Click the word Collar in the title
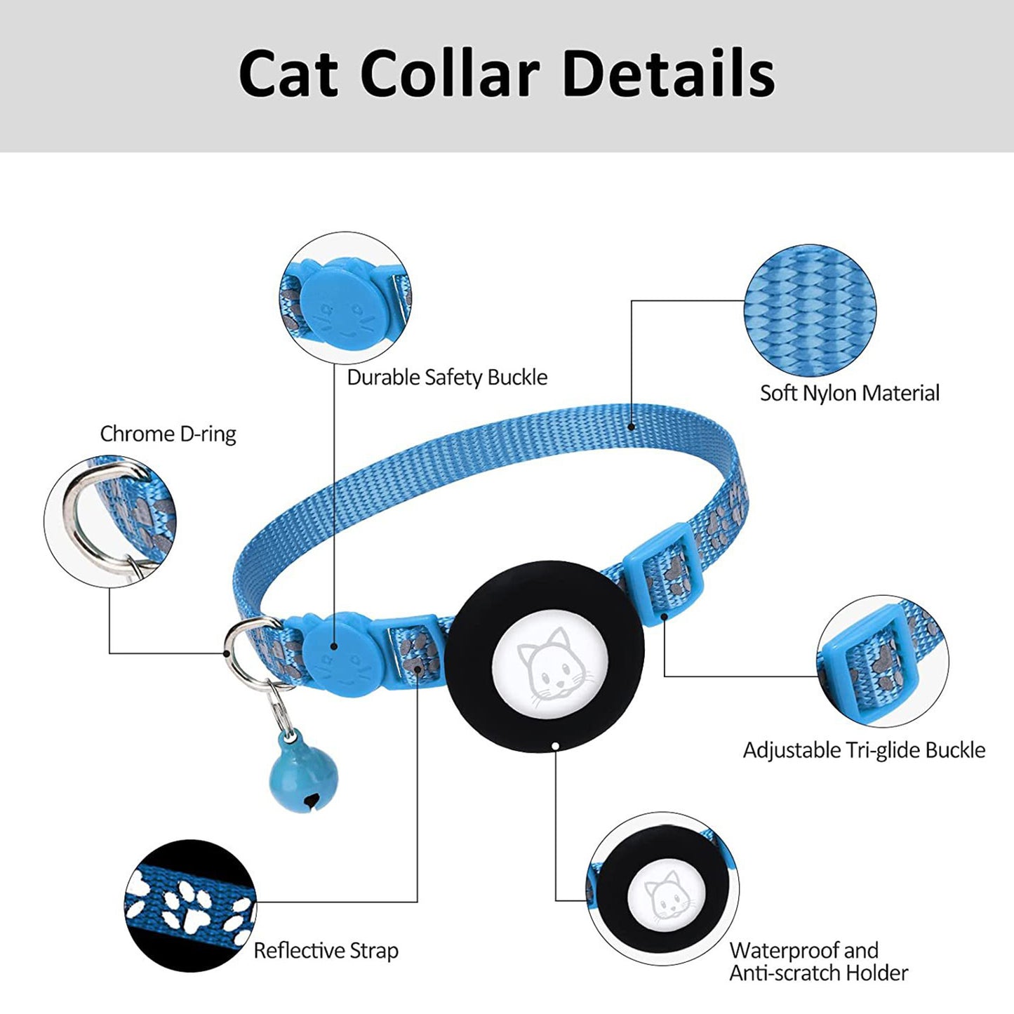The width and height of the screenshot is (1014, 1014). click(449, 73)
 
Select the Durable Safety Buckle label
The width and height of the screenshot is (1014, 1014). click(447, 378)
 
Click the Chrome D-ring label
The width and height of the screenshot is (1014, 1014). click(168, 434)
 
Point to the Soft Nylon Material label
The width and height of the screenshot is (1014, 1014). click(849, 393)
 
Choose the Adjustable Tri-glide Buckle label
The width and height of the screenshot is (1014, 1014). click(864, 750)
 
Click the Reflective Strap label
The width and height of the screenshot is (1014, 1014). click(326, 951)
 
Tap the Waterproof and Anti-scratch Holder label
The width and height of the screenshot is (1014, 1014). click(818, 962)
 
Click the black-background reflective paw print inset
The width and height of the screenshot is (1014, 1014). click(191, 905)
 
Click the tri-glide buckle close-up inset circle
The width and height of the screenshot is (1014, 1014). click(883, 662)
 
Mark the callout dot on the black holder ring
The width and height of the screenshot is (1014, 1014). click(555, 747)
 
